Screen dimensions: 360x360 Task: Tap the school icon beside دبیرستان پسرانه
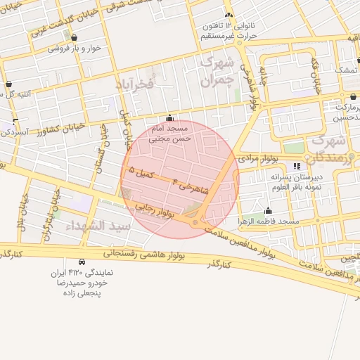coord(297,166)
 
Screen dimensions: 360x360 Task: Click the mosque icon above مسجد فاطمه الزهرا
coord(268,210)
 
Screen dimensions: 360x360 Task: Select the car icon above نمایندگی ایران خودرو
coord(83,261)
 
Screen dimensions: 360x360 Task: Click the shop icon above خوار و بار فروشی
coord(75,38)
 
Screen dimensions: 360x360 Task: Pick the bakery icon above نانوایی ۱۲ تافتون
coord(228,15)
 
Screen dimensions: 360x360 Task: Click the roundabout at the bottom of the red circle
coord(195,223)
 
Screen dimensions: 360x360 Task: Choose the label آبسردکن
coord(14,131)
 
